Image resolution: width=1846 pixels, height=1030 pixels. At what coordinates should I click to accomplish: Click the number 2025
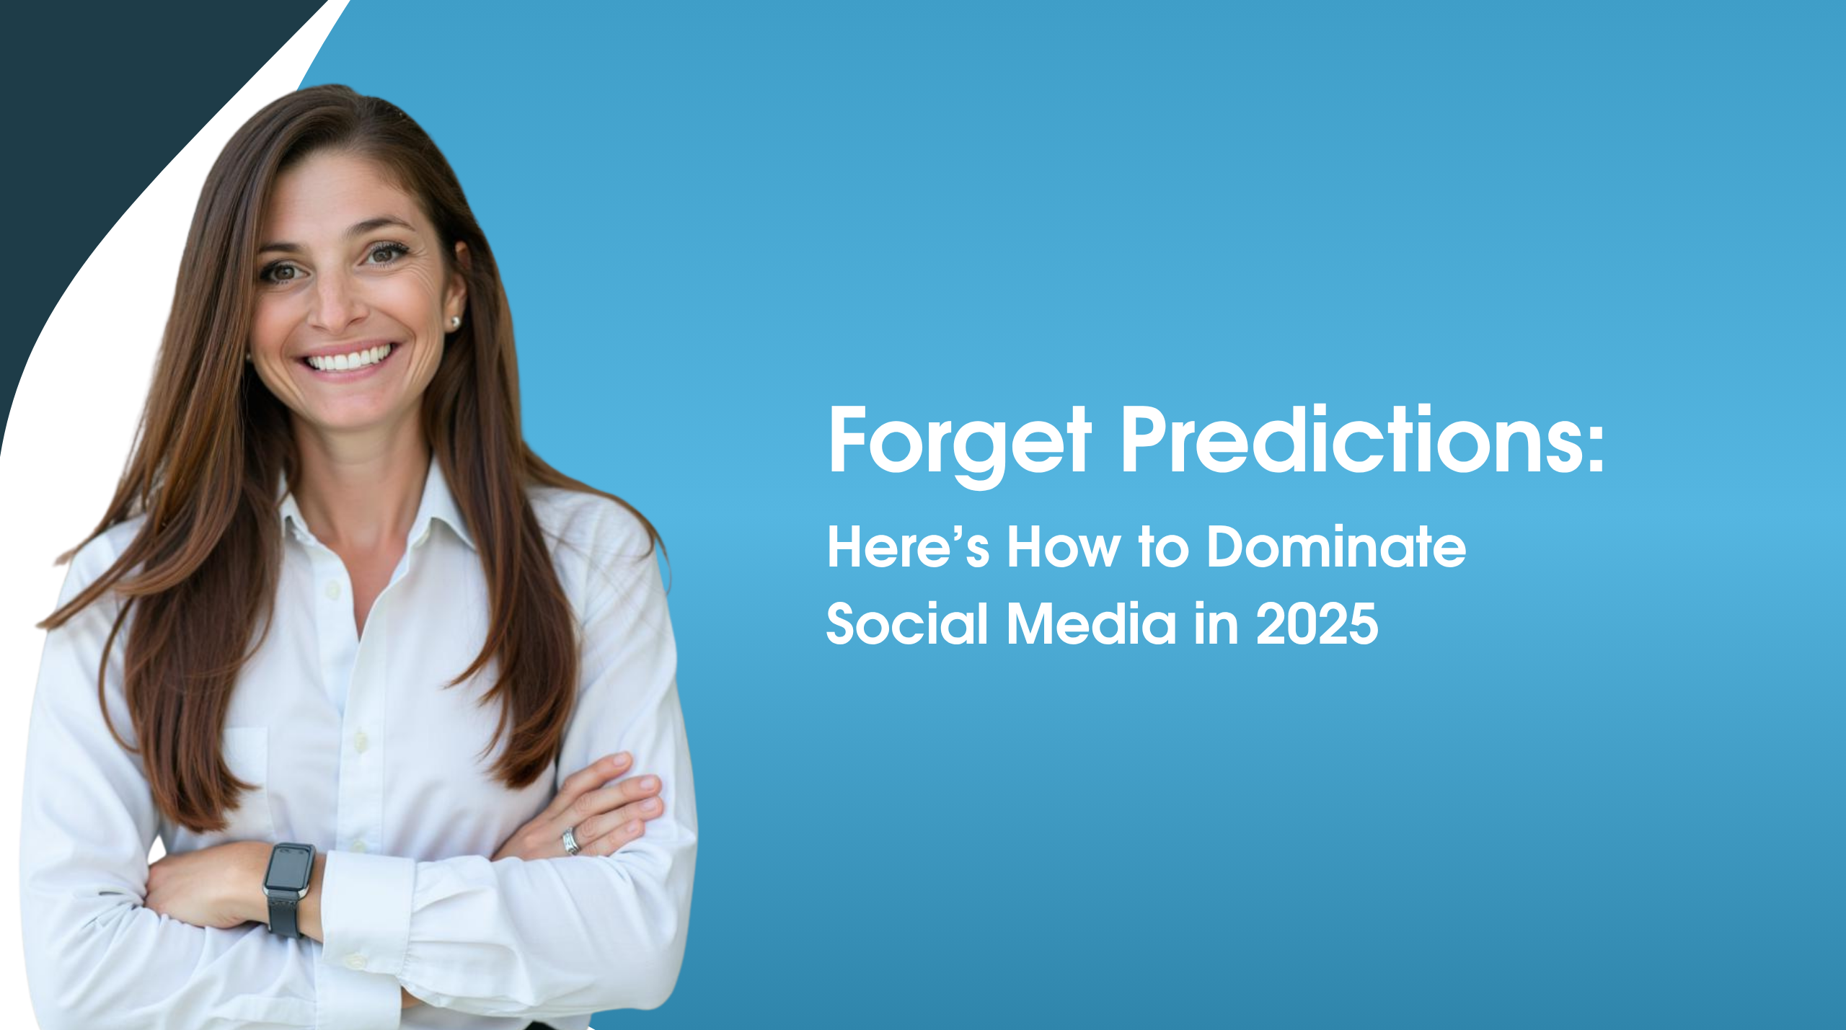pyautogui.click(x=1317, y=623)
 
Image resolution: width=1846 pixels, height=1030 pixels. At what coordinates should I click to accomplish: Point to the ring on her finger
pyautogui.click(x=571, y=841)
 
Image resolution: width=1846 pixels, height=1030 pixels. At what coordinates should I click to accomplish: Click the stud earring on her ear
pyautogui.click(x=454, y=323)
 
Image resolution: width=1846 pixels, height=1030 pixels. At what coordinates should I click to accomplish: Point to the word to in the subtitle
pyautogui.click(x=1164, y=548)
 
